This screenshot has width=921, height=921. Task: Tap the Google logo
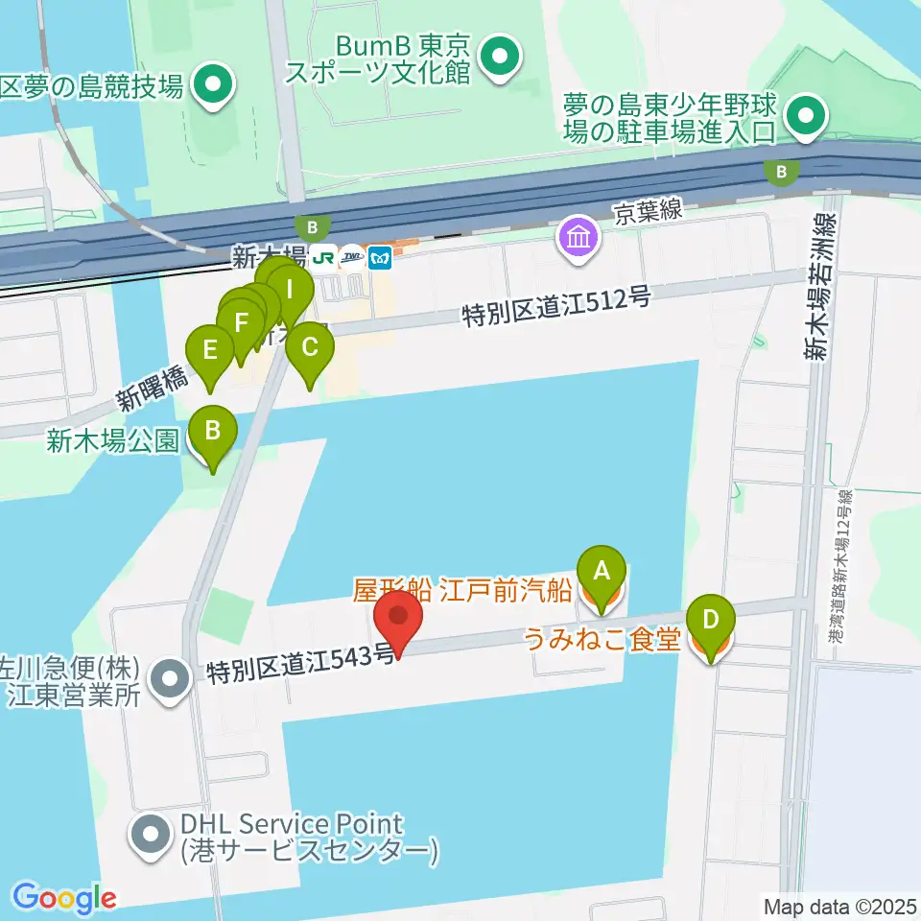pyautogui.click(x=64, y=898)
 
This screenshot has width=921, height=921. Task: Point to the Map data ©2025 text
pyautogui.click(x=838, y=904)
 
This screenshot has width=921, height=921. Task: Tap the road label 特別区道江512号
pyautogui.click(x=556, y=307)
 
